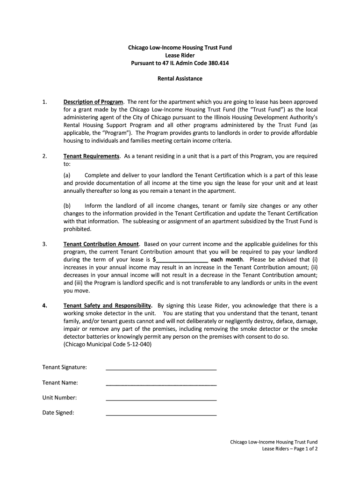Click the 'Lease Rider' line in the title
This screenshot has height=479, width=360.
(x=180, y=55)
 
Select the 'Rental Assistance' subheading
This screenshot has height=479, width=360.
(x=180, y=79)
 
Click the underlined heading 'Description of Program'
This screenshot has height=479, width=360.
(x=93, y=102)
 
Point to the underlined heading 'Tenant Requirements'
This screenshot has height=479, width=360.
(x=91, y=156)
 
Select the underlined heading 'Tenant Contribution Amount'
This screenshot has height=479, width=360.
(x=101, y=244)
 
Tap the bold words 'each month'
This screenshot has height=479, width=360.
(x=227, y=260)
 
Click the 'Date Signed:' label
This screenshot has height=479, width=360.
(x=58, y=413)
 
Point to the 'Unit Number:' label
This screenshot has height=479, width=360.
(x=59, y=398)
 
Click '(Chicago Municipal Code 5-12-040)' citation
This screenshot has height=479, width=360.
(x=108, y=344)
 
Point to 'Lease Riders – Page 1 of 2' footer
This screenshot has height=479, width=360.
(x=290, y=449)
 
